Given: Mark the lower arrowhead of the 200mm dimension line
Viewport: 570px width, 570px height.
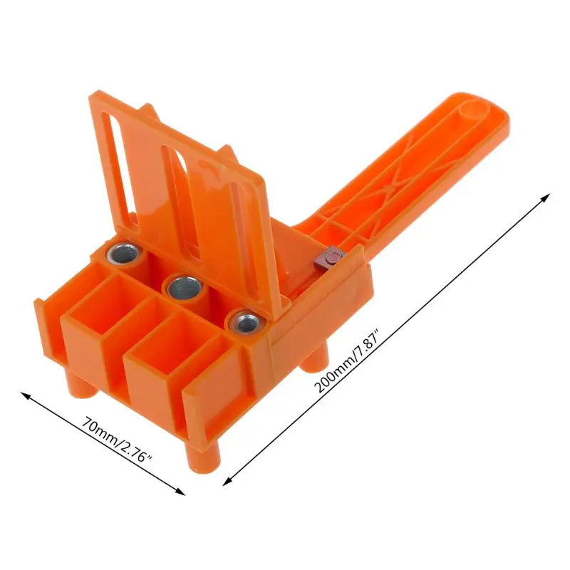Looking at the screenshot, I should coord(226,481).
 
